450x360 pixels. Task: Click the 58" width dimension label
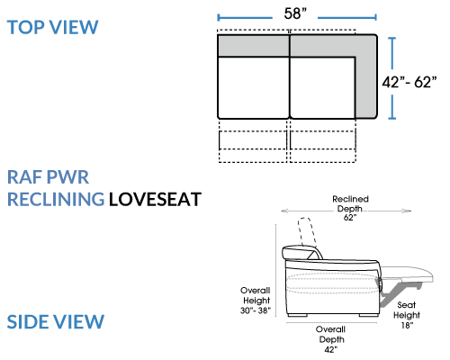(x=295, y=13)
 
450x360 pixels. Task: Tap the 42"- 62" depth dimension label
(x=409, y=82)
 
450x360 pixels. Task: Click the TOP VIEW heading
(x=53, y=27)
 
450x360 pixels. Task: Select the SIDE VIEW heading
(x=56, y=322)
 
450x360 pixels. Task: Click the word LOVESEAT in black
(x=155, y=200)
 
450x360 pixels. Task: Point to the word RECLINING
(x=56, y=200)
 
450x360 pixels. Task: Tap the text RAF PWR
(x=48, y=177)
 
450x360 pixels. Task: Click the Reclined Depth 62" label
(x=350, y=208)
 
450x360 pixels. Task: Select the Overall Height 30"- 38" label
(x=256, y=301)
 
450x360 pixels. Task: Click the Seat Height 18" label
(x=407, y=315)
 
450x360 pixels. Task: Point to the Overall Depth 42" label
(x=331, y=339)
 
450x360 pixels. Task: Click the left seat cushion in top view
(x=254, y=87)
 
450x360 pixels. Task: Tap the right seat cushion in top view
(x=323, y=87)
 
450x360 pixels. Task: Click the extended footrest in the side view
(x=407, y=274)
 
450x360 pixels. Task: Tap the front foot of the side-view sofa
(x=368, y=315)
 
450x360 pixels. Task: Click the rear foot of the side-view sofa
(x=297, y=315)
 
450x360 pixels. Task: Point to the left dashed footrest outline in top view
(x=253, y=141)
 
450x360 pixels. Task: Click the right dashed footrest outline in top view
(x=323, y=141)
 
